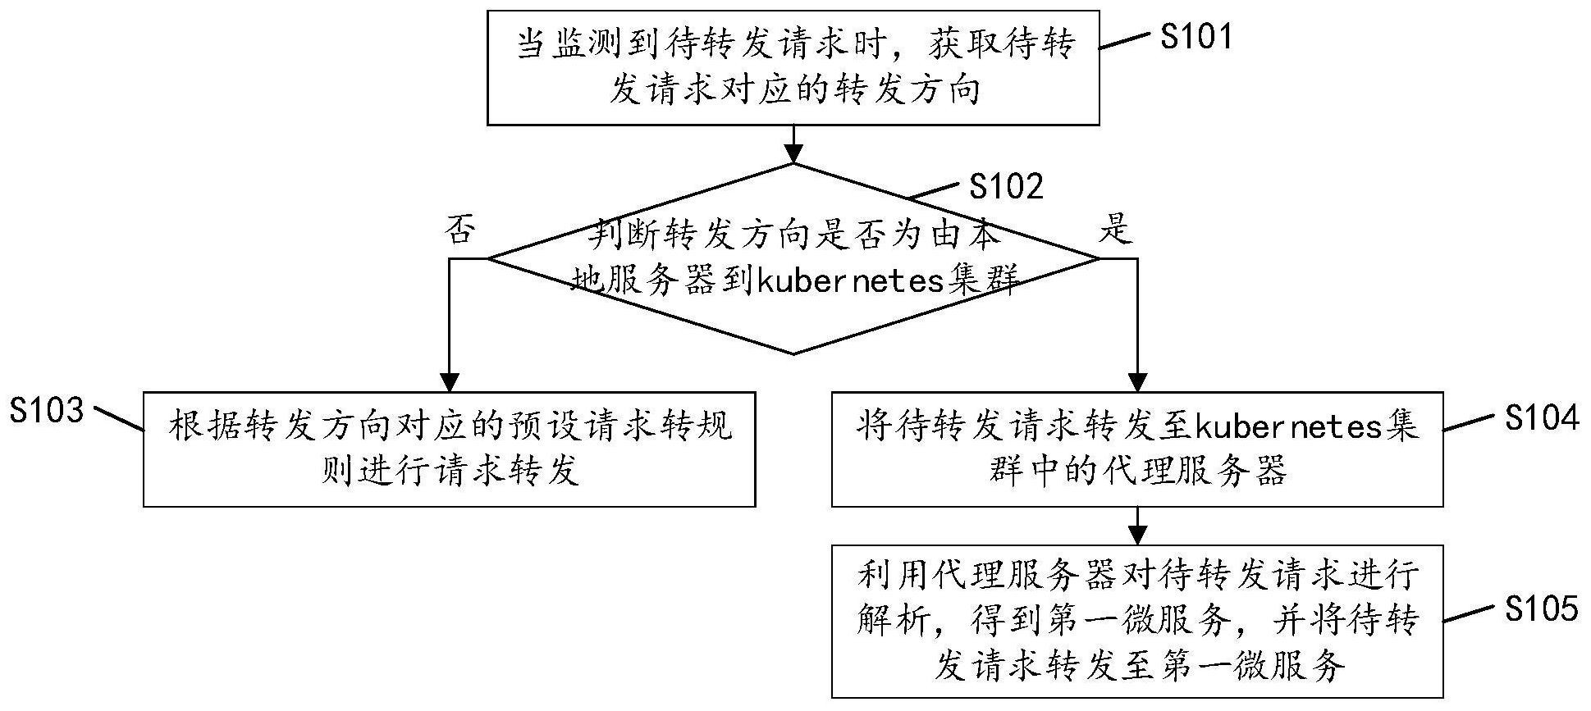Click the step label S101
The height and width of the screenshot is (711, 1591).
pos(1196,37)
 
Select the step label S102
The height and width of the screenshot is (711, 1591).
pos(1006,186)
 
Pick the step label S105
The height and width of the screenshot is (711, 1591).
pos(1541,608)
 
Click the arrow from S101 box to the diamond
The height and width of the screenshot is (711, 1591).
pos(793,144)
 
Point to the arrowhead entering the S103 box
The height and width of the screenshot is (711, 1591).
pos(450,381)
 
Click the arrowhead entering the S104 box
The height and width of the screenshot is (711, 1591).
pos(1137,381)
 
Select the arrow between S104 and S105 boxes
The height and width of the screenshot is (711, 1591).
pos(1137,526)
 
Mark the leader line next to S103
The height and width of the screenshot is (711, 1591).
pos(119,417)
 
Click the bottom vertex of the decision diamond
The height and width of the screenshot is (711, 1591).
pos(793,354)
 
